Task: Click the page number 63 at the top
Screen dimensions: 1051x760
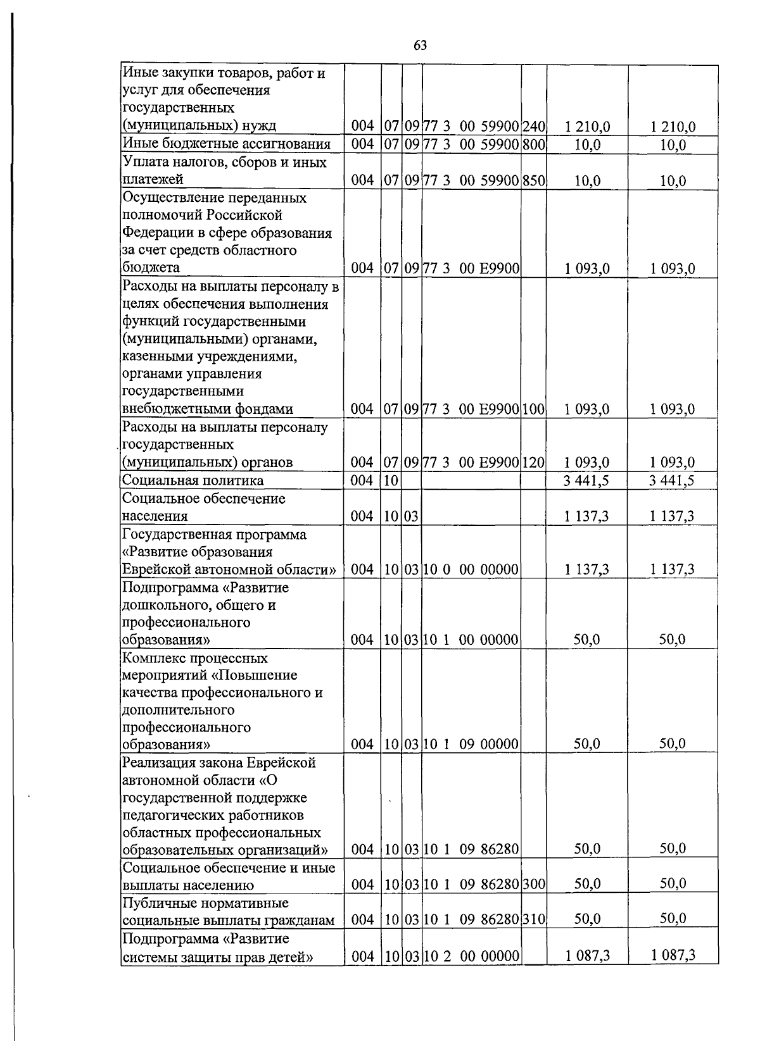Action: [x=420, y=45]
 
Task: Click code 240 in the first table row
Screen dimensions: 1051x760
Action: [x=534, y=127]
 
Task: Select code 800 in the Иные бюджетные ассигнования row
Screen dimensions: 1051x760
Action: [x=534, y=144]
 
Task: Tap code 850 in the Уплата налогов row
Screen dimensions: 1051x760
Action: [x=534, y=181]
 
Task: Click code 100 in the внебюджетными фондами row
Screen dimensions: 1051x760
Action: [x=534, y=409]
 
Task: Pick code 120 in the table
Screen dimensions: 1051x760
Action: [x=534, y=463]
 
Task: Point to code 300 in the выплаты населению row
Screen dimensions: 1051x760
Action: [x=534, y=884]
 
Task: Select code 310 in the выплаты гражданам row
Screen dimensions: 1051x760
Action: [x=534, y=919]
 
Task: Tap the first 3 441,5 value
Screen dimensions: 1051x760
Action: [x=586, y=480]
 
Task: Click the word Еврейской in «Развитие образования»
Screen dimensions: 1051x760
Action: [x=153, y=569]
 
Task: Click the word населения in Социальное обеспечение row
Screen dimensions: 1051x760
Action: [x=155, y=516]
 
